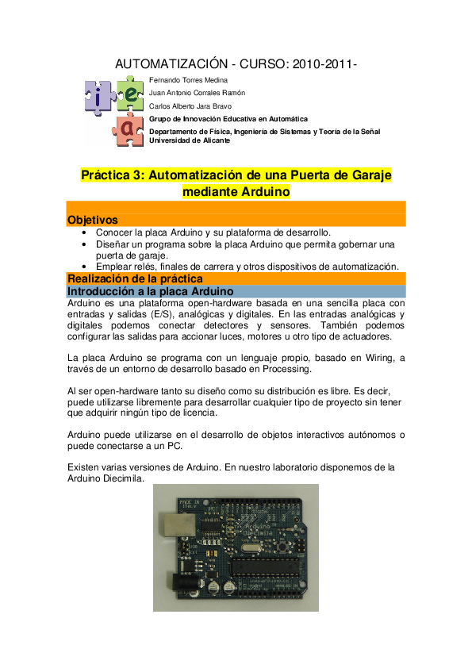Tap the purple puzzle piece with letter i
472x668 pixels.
coord(97,98)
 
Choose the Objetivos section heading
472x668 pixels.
coord(93,219)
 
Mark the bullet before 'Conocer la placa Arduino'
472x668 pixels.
coord(84,232)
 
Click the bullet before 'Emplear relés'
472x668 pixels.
coord(84,267)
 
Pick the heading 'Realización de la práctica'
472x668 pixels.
coord(135,278)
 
